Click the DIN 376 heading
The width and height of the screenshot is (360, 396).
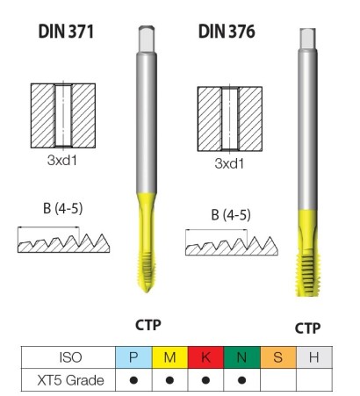point(226,32)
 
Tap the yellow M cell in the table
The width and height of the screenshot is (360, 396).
point(170,357)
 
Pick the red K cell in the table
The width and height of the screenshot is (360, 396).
point(205,357)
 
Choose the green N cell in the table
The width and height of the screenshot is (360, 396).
point(241,357)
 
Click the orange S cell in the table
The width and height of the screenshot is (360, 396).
point(277,357)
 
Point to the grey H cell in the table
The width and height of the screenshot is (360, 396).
point(313,357)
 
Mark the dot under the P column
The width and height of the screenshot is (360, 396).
point(133,380)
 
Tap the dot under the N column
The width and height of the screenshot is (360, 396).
point(241,380)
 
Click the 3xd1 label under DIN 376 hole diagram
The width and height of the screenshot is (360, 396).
point(229,162)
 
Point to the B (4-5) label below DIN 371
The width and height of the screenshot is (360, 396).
point(60,208)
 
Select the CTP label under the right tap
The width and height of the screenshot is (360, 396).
point(306,328)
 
